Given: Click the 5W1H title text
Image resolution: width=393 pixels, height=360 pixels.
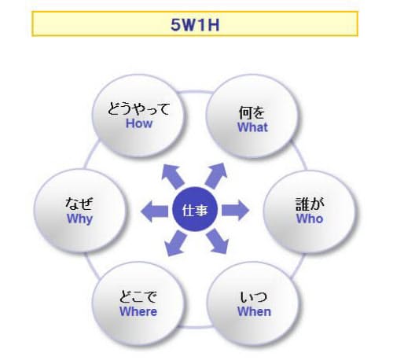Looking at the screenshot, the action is point(195,25).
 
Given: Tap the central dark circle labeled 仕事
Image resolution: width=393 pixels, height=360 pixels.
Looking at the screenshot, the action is point(195,209).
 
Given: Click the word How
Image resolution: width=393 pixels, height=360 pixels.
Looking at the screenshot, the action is point(139,123).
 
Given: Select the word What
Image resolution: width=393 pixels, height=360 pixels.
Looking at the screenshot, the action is point(252,127).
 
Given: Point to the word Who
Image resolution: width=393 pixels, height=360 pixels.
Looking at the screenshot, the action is point(310,219).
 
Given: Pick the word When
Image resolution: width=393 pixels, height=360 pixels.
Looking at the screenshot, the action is point(254,311).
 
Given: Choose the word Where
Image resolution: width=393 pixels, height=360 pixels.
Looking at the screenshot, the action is point(138,311).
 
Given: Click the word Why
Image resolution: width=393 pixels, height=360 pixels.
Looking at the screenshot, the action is point(79,219).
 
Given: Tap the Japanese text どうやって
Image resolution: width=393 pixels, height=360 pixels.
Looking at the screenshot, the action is point(139,108).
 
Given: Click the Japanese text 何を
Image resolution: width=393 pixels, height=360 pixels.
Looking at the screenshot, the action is point(252,112).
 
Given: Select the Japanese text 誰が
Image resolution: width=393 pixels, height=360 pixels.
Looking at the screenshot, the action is point(310,204).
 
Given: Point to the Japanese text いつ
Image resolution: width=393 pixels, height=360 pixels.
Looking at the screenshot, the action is point(254,297).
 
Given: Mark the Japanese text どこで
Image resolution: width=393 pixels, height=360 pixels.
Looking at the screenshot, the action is point(138,297).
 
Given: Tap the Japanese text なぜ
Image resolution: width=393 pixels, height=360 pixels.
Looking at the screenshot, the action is point(79,204).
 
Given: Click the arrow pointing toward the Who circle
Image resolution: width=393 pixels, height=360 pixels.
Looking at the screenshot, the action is point(235,211).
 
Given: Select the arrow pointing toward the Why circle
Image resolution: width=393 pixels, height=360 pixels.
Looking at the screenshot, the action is point(154,211).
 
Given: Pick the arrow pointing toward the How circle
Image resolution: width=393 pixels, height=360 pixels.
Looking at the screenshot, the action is point(173,176).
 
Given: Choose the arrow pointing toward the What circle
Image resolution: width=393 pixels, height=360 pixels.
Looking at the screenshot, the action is point(216,175).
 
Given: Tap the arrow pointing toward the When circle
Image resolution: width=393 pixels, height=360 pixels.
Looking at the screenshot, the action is point(217,241).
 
